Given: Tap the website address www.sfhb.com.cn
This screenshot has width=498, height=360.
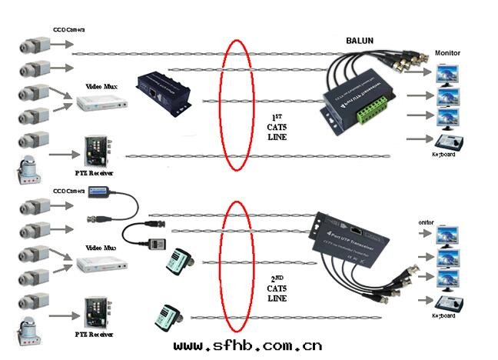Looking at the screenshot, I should click(247, 347).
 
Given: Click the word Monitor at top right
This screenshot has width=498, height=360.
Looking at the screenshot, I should click(447, 52).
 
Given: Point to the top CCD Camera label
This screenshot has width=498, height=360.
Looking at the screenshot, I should click(68, 30).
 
